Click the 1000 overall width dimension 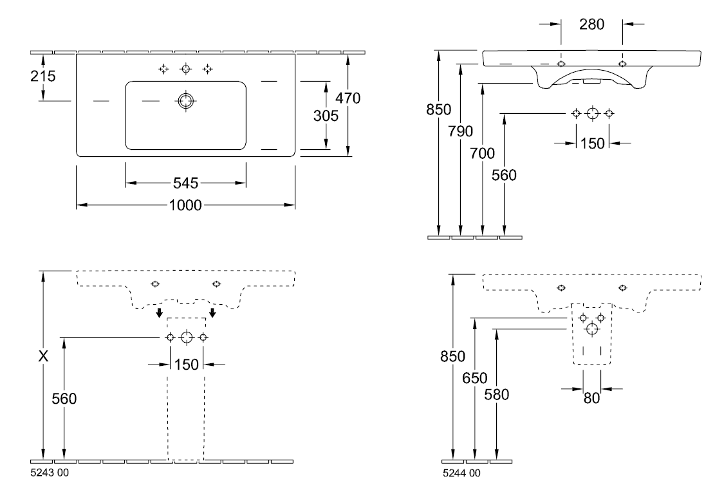185,205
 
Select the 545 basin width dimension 185,183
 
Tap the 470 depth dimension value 348,98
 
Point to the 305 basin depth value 326,115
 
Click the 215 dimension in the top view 43,76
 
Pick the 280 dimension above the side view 591,24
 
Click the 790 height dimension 460,132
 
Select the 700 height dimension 482,153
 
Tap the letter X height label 43,356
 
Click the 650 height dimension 475,379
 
